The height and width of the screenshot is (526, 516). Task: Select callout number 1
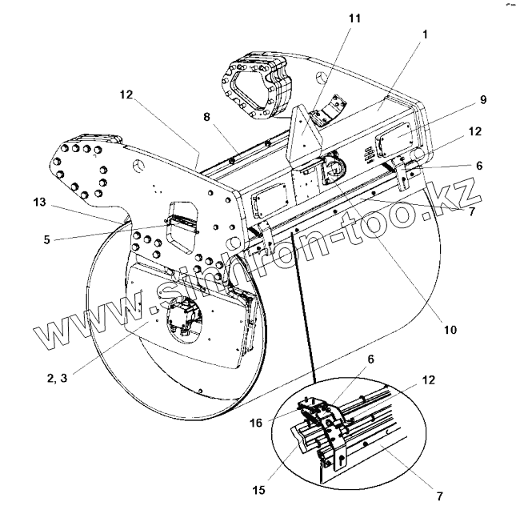426,34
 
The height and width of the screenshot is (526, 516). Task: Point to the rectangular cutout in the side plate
182,238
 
